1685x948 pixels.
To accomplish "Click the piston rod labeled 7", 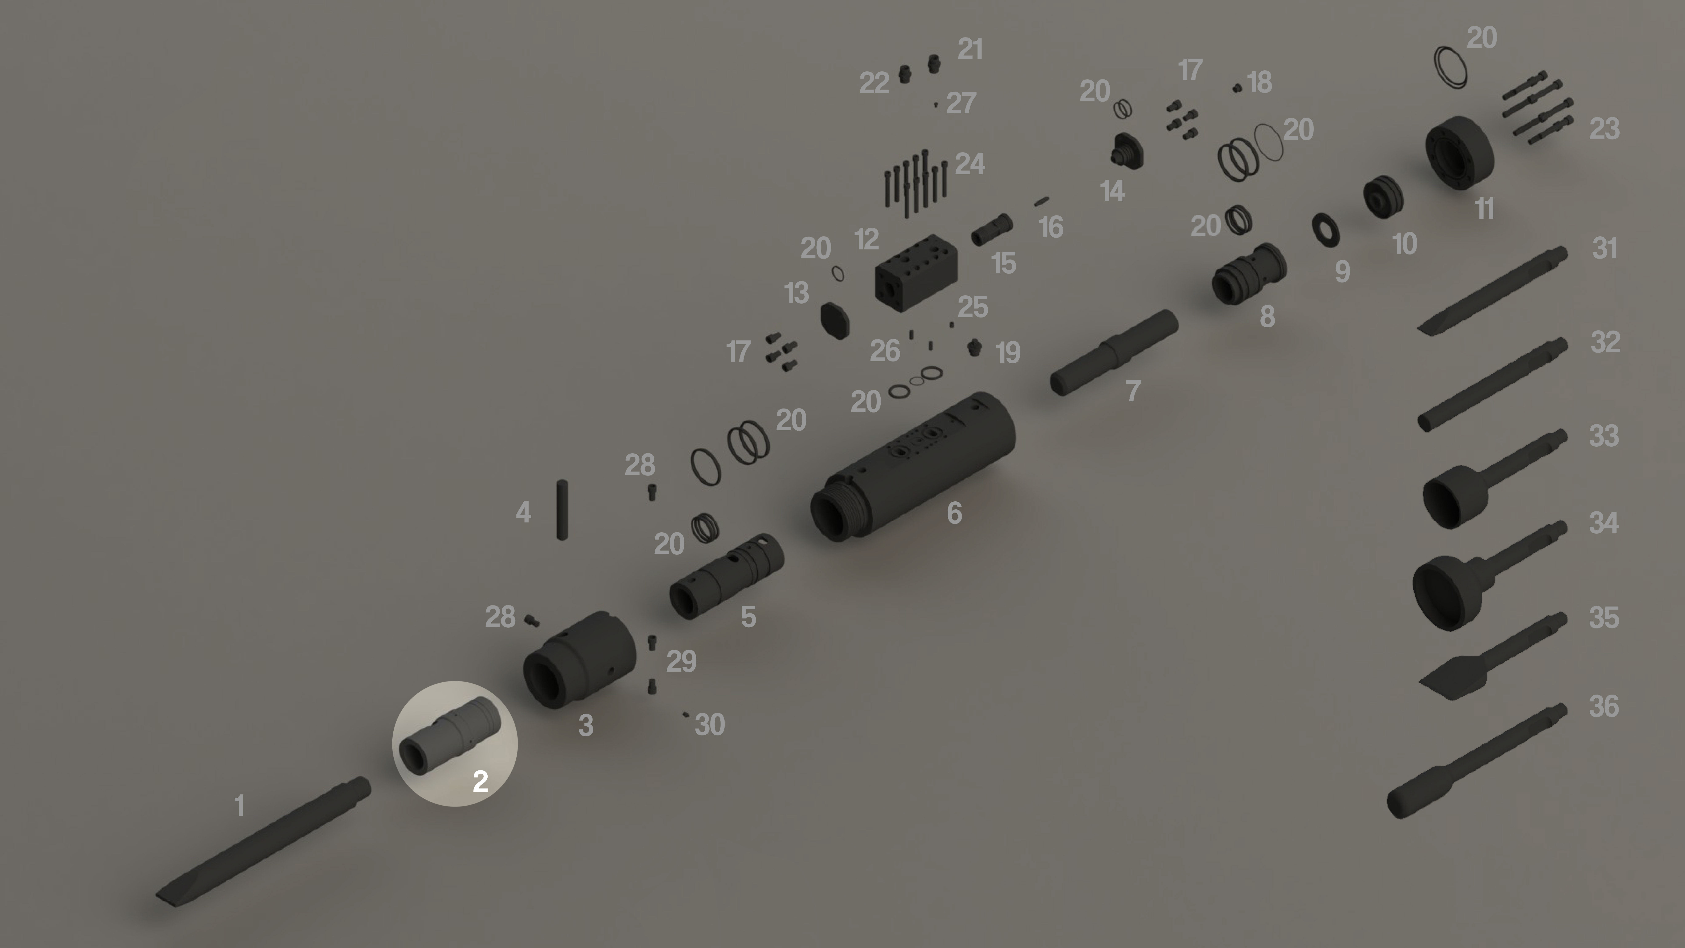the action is pos(1113,352).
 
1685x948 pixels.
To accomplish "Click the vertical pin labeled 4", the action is pos(562,510).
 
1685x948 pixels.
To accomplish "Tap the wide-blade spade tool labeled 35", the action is pos(1493,656).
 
